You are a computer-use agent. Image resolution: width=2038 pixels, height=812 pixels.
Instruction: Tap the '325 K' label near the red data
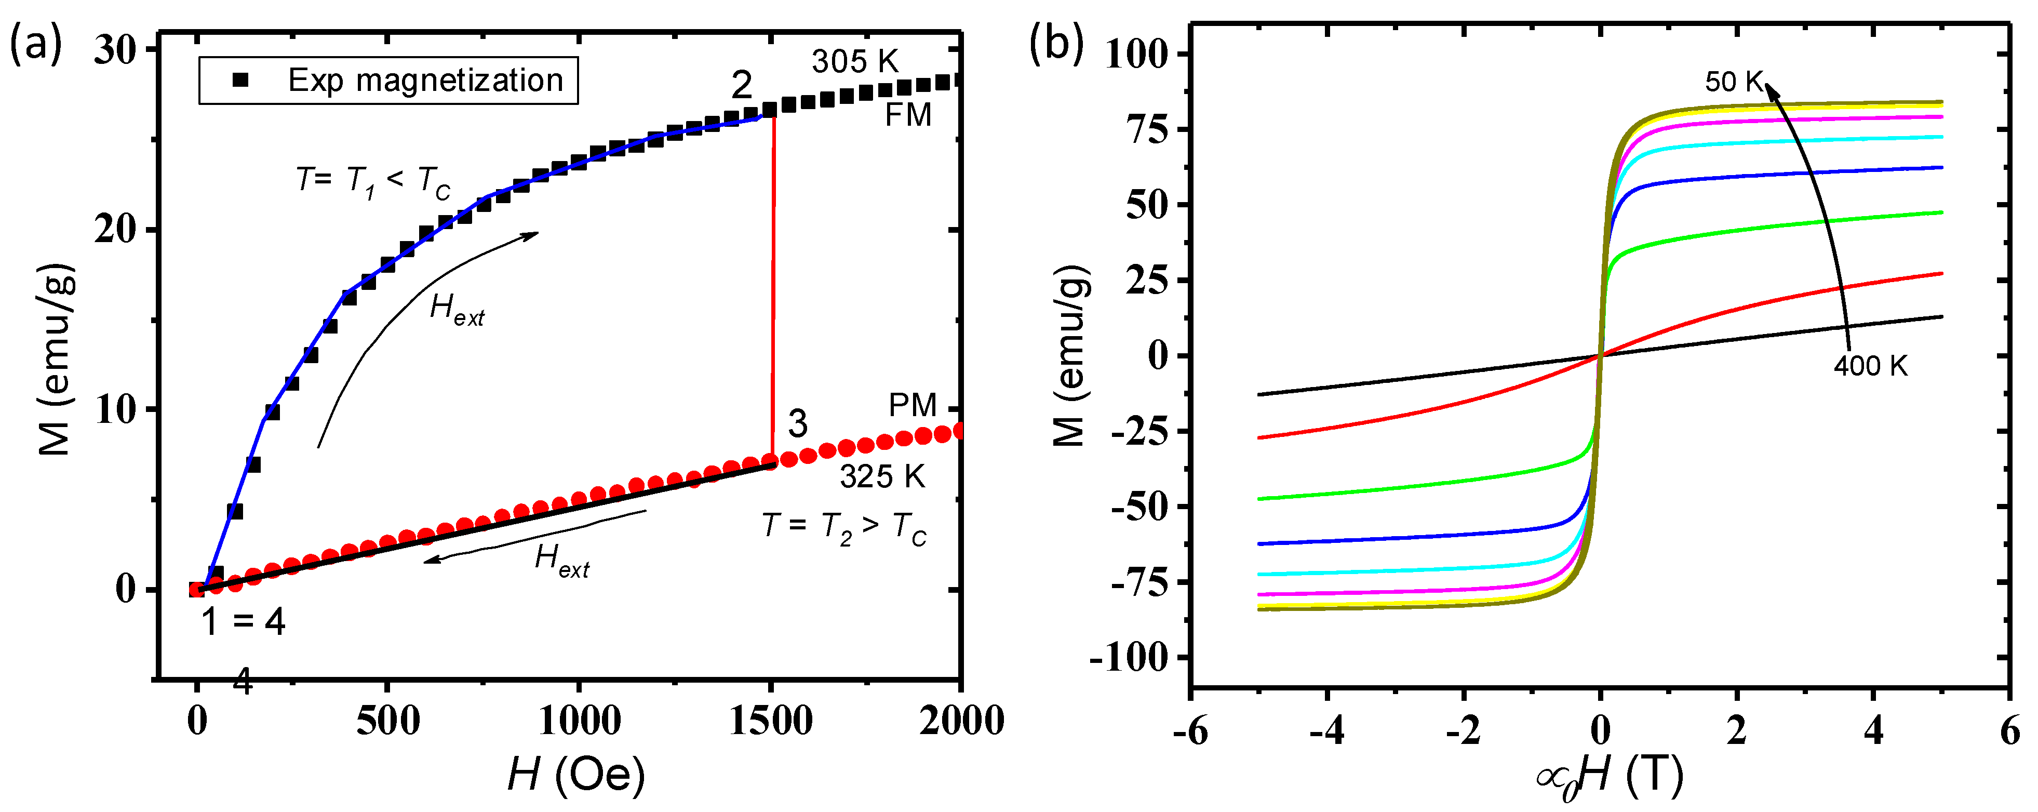pos(881,476)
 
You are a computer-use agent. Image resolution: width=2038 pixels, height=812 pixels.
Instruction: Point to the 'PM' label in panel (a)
pos(911,405)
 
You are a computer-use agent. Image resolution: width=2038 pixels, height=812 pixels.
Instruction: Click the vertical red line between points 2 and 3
pos(772,285)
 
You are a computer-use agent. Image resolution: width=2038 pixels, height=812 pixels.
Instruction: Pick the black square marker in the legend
pos(240,80)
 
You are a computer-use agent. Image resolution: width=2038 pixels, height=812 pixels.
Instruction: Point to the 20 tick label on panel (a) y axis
pos(115,230)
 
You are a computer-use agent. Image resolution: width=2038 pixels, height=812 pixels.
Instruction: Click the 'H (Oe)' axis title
pos(576,774)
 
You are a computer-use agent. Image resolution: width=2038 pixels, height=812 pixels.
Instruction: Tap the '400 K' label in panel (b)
pos(1870,366)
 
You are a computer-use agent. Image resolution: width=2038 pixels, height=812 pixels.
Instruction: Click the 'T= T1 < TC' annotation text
pos(372,182)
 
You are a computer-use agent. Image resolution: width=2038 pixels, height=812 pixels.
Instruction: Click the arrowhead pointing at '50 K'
pos(1772,92)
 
